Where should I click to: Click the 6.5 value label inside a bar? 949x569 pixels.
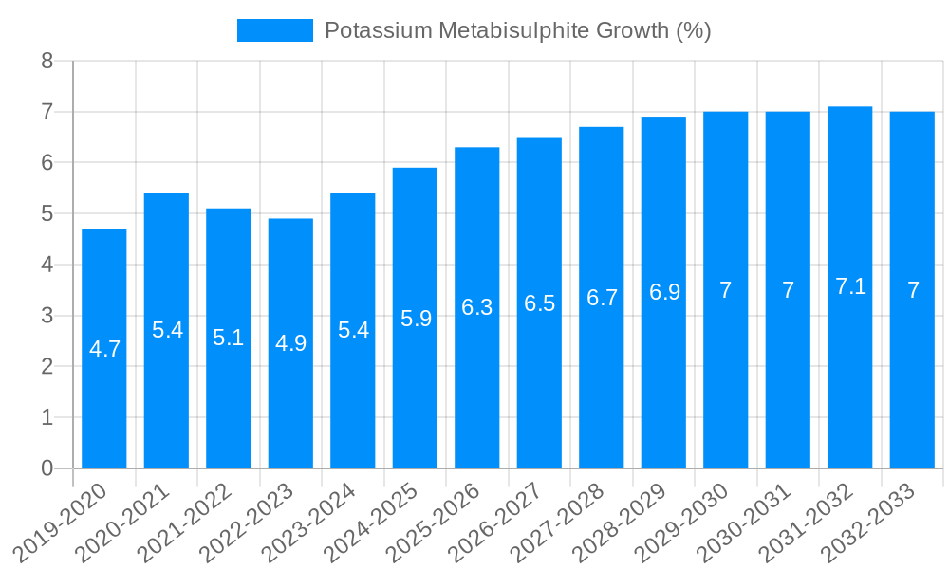(539, 303)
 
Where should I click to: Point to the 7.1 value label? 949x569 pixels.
(850, 286)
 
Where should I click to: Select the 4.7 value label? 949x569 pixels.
(104, 349)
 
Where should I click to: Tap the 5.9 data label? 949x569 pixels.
(416, 319)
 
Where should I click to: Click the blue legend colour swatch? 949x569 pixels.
(274, 30)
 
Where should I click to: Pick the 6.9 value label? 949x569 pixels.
(664, 292)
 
